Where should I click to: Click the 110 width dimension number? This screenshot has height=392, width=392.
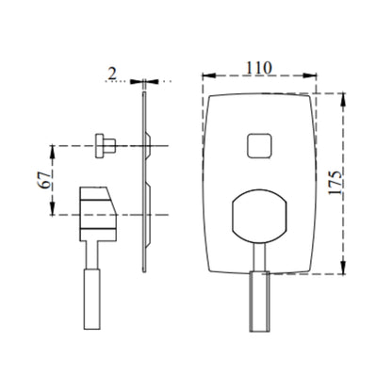click(258, 68)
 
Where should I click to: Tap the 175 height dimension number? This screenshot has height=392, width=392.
click(335, 183)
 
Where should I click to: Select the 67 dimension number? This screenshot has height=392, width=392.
click(44, 180)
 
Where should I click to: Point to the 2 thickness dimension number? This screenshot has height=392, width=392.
click(112, 73)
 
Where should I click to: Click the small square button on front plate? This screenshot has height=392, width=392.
click(259, 146)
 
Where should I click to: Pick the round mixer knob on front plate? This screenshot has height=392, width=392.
click(259, 217)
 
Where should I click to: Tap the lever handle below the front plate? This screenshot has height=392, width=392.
click(259, 302)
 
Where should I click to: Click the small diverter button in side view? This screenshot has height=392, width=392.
click(106, 146)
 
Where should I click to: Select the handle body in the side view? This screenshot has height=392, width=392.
click(98, 214)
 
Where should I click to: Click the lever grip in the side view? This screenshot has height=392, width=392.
click(92, 299)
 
